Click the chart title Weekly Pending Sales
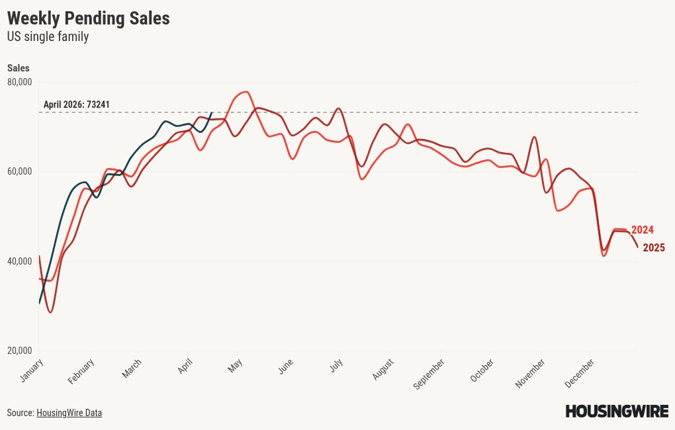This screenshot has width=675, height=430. click(88, 19)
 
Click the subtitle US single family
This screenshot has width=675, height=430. click(48, 37)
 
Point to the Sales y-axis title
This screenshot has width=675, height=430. click(18, 68)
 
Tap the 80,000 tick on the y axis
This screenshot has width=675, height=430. click(19, 82)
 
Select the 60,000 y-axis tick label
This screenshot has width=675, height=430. click(19, 171)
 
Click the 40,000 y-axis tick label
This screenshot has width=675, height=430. click(19, 261)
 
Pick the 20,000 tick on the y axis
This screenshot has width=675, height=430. click(19, 351)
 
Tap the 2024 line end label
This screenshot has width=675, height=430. click(642, 230)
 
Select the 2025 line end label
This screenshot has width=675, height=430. click(653, 248)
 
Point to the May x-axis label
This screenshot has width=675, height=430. click(236, 366)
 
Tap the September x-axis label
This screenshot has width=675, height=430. click(429, 374)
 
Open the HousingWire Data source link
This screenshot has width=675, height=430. click(69, 413)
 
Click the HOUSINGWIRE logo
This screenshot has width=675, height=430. click(616, 411)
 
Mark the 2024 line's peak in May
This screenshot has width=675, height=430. click(246, 92)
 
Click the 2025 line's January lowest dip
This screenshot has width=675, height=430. click(50, 312)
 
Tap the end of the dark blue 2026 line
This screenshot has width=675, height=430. click(211, 112)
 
